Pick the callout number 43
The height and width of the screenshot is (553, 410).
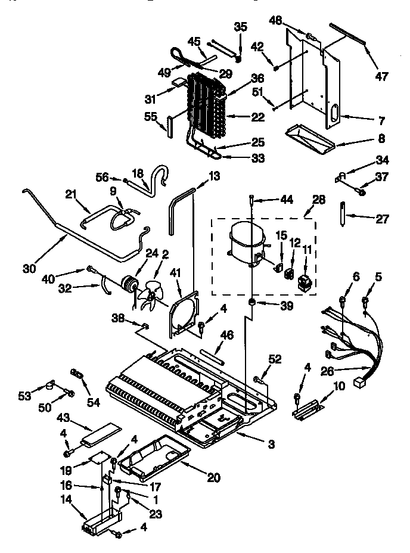pos(64,420)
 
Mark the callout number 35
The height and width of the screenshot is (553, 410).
pos(240,26)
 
